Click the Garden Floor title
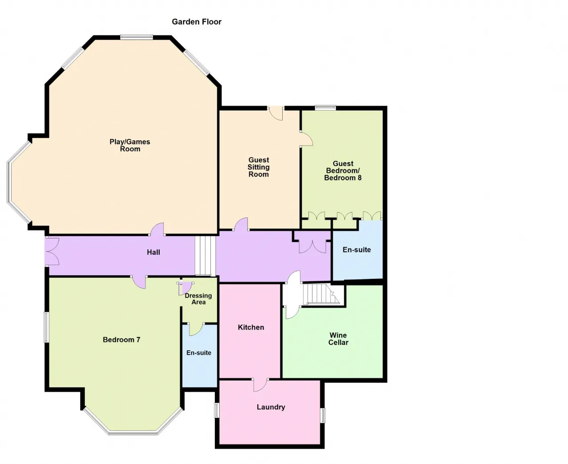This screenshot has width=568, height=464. (197, 22)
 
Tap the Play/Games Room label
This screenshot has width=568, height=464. (130, 145)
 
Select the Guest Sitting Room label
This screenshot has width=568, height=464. (259, 167)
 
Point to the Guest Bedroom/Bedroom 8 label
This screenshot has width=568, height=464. (343, 171)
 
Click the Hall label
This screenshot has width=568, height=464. (154, 252)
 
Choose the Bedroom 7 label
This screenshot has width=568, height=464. (122, 340)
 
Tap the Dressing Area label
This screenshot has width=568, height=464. (198, 299)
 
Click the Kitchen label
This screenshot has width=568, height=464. (251, 327)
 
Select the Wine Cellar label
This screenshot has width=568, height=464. (338, 339)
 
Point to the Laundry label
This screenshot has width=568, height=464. (271, 407)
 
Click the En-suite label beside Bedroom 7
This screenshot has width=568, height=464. (199, 353)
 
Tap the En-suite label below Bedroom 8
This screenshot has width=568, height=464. (357, 250)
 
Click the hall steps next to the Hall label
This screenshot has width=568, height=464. (205, 256)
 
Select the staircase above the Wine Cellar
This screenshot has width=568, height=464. (321, 294)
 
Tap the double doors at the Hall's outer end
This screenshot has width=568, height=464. (52, 251)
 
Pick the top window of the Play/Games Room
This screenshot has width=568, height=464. (137, 37)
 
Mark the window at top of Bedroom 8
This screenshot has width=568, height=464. (326, 108)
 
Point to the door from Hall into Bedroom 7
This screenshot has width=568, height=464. (139, 282)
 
